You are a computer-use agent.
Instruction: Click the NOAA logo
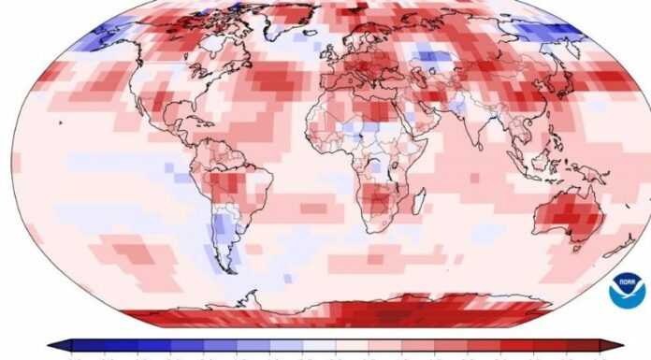coord(626,290)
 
